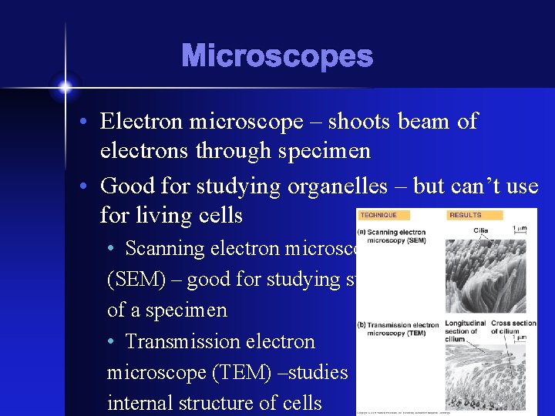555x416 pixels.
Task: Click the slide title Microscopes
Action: pos(277,56)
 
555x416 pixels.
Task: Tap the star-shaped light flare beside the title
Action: pos(65,86)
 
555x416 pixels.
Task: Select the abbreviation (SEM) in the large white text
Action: pos(136,280)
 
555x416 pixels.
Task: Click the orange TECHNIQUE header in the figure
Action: pos(378,215)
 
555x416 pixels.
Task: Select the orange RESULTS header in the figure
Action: pos(465,215)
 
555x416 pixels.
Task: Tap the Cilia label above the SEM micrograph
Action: pos(481,230)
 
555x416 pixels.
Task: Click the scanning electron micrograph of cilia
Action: pos(485,277)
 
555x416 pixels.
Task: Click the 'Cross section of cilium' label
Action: pos(513,327)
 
